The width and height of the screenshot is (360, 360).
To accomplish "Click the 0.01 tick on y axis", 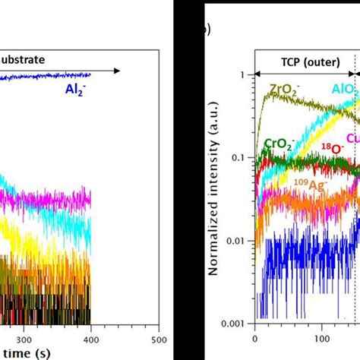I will coord(238,241).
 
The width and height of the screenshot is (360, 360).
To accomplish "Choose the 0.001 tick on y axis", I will coord(236,324).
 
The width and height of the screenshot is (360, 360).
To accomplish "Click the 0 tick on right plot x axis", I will coord(254,339).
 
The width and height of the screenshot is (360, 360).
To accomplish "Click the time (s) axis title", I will coord(23,354).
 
